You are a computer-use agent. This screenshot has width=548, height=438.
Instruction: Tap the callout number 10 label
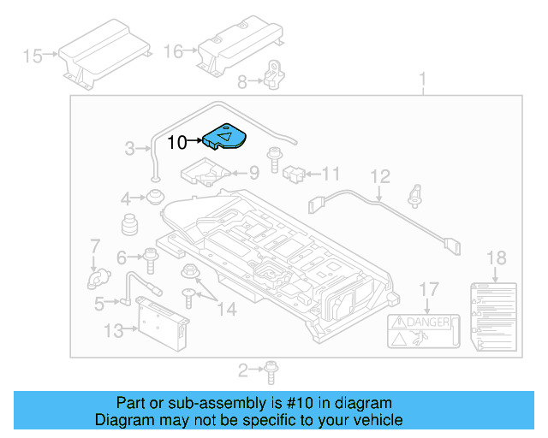point(176,143)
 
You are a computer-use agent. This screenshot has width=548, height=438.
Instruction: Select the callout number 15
point(33,56)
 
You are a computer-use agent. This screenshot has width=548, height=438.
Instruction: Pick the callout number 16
point(173,51)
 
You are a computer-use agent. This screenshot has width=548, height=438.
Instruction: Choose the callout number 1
point(422,81)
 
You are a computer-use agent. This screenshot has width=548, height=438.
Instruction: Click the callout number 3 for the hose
point(130,148)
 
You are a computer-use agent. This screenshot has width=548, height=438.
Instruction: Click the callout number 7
point(95,247)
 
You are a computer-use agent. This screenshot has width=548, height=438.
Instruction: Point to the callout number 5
point(99,301)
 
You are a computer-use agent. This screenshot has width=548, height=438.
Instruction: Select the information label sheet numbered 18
point(495,316)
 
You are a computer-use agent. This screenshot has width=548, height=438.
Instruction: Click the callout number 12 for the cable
point(380,176)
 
